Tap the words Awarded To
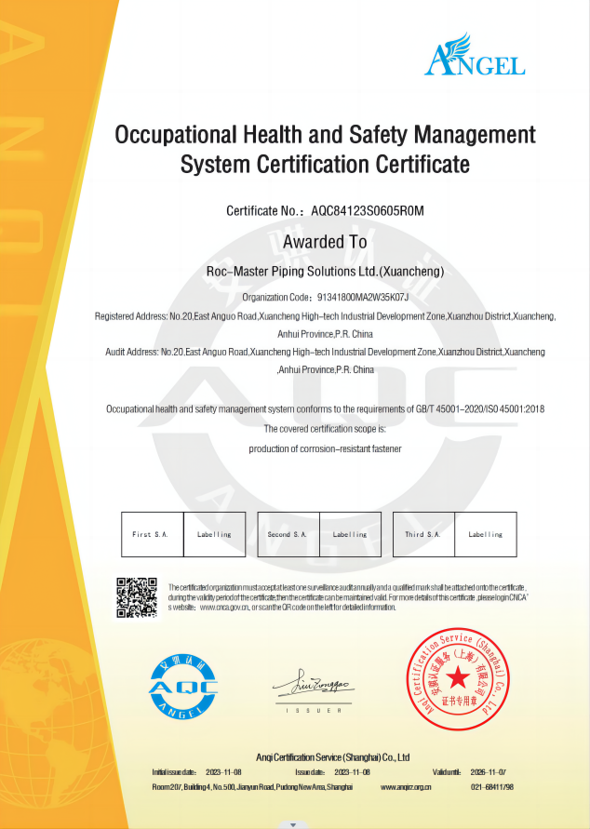point(325,243)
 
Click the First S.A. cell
point(153,535)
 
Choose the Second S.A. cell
point(288,535)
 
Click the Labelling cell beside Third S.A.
point(485,535)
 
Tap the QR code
point(137,597)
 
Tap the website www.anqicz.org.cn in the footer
point(407,787)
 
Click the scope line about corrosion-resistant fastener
point(324,448)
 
